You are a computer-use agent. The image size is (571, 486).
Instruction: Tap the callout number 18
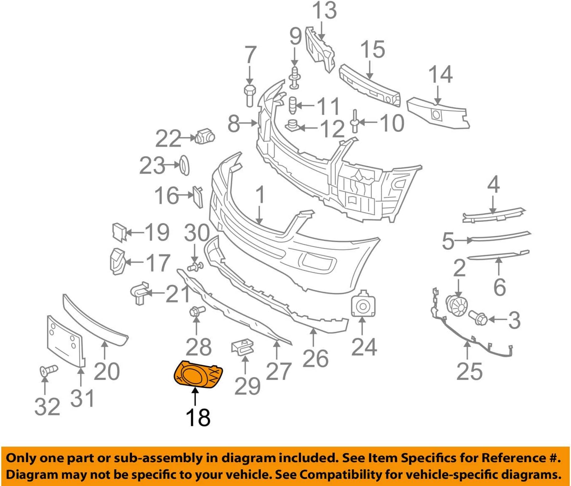pos(197,417)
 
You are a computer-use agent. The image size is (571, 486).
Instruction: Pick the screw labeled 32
pos(49,370)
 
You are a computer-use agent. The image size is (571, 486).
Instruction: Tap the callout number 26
pos(315,359)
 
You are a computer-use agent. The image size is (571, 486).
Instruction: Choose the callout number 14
pos(440,75)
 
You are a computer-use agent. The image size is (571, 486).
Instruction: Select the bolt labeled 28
pos(197,311)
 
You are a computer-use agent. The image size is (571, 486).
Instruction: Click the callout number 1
pos(260,195)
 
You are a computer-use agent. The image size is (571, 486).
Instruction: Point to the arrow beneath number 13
pos(322,32)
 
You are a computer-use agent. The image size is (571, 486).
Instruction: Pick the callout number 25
pos(469,371)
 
